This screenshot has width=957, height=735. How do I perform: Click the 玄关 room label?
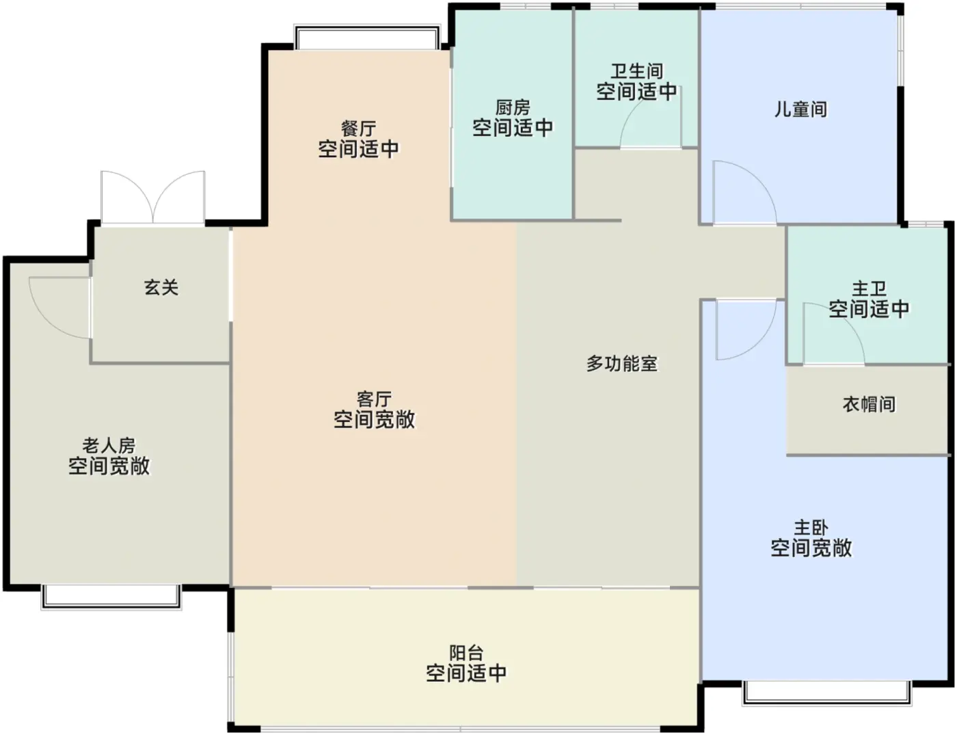point(161,287)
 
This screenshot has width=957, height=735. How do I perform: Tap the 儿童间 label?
point(800,109)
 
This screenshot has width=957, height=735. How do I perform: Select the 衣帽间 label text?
point(869,404)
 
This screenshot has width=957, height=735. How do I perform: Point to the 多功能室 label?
point(622,364)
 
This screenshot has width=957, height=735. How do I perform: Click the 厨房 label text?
point(513,107)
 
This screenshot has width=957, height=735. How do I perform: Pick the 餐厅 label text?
point(358,129)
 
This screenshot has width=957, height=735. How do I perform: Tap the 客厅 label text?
point(374,399)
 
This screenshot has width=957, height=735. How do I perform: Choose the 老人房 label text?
point(109,446)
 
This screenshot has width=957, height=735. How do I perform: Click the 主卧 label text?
point(811,528)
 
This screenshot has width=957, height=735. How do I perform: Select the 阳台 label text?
point(466,653)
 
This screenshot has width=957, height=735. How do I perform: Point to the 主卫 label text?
point(869,289)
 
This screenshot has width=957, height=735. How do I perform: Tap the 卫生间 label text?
point(636,71)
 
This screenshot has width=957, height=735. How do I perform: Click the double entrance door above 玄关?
point(152,197)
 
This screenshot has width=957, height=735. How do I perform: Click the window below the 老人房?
point(111,596)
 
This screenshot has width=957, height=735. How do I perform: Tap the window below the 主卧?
point(826,692)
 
